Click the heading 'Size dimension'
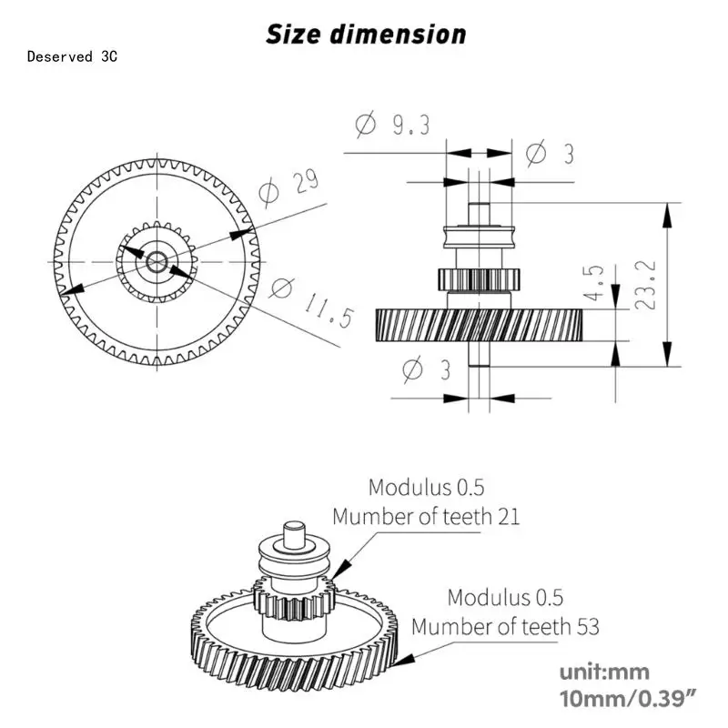(x=366, y=35)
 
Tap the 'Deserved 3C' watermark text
(x=73, y=56)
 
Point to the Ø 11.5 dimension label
(x=300, y=299)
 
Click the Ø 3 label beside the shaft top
(x=551, y=154)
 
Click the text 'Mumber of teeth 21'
(x=426, y=517)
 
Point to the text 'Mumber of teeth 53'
(x=505, y=627)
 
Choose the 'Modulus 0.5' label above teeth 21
(x=426, y=487)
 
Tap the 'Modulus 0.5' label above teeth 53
(x=505, y=597)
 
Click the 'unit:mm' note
(x=604, y=672)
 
